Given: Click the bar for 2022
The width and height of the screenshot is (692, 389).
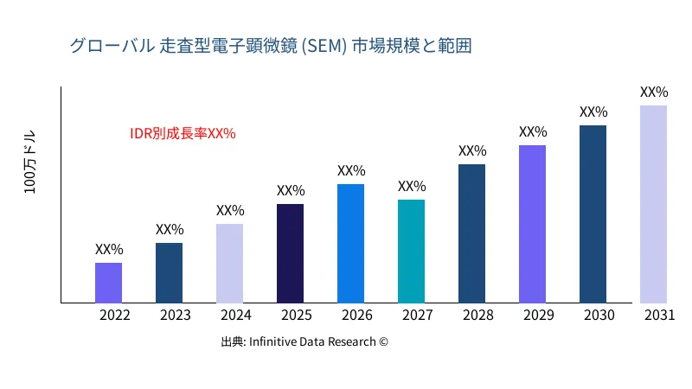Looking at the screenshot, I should (x=108, y=283).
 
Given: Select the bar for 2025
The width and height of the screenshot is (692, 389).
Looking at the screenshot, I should (x=290, y=253).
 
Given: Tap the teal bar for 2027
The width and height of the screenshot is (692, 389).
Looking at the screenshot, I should (x=411, y=251).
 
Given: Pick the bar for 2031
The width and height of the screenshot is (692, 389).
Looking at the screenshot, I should (x=653, y=204).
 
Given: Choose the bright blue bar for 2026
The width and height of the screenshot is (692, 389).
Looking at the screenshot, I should (x=350, y=243).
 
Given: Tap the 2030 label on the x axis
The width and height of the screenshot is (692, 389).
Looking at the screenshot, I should (x=599, y=316).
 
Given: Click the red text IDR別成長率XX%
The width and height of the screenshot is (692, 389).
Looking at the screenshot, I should (x=183, y=134).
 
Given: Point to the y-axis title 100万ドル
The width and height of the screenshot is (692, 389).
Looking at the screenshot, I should (x=30, y=164).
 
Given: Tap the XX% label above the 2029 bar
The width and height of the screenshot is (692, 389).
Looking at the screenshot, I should (x=533, y=132).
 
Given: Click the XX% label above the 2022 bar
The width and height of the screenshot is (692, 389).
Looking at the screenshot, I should (x=109, y=249).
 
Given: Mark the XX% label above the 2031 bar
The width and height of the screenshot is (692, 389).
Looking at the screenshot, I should (x=654, y=92).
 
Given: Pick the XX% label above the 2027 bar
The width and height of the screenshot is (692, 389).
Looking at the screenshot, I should (x=412, y=187).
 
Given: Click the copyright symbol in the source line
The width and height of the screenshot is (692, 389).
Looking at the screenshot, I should (x=383, y=342).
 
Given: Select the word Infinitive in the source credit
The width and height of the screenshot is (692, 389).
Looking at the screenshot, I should (x=275, y=342).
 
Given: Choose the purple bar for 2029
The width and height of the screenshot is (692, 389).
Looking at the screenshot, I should (x=532, y=224).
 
